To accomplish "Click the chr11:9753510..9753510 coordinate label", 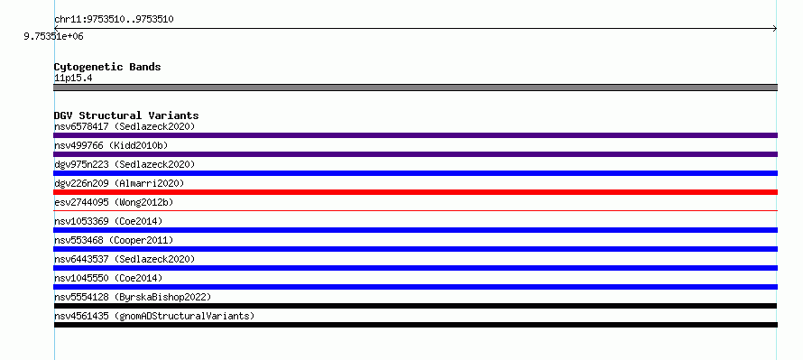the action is [114, 20].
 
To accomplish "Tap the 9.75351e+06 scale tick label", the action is [54, 37].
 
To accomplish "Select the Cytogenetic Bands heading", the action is [107, 67].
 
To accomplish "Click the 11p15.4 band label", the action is [73, 78].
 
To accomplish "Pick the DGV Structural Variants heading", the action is [126, 115].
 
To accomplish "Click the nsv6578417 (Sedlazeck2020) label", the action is [125, 126].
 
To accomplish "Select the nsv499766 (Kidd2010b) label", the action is [111, 146].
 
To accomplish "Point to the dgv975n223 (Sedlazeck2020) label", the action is [125, 164].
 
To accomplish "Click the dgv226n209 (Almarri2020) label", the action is [119, 183].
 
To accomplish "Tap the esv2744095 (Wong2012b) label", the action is [114, 202].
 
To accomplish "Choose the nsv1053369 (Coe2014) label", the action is [108, 221].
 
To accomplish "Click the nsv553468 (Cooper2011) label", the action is [114, 240].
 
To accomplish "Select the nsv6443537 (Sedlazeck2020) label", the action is [125, 259].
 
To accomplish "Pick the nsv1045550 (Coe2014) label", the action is [108, 278].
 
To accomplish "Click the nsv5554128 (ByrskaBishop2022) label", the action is [133, 297].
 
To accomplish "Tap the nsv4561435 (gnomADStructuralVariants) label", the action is [154, 316].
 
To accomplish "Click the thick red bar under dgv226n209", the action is [415, 192].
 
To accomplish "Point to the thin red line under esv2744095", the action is [415, 210].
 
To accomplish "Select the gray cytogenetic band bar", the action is [415, 88].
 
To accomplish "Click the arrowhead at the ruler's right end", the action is [775, 29].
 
